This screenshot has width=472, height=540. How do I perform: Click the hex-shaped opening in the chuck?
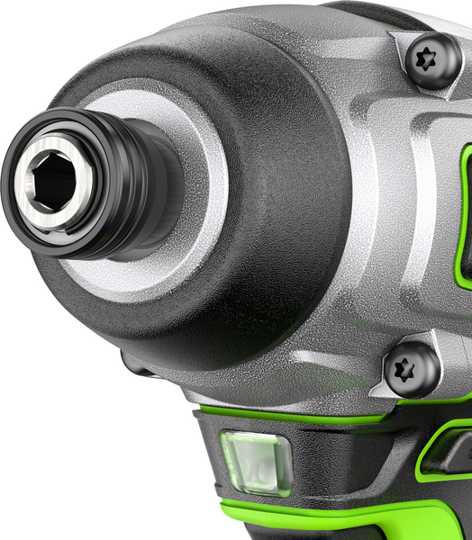click(x=51, y=181)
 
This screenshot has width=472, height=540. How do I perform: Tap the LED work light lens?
click(x=256, y=463)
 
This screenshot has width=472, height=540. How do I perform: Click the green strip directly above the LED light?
click(x=270, y=417)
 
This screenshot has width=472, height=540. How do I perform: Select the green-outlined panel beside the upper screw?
click(x=466, y=216)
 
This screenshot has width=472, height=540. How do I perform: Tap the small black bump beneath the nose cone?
click(x=135, y=364)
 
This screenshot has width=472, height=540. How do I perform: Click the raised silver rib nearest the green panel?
click(x=423, y=216)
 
